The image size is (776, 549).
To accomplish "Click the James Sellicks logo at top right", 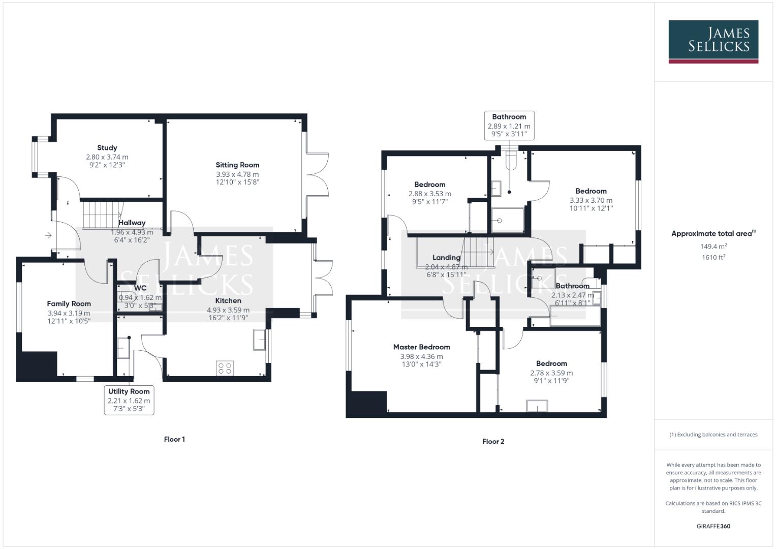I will [713, 41].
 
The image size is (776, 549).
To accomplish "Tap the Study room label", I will [107, 148].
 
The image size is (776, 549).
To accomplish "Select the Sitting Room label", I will [237, 165].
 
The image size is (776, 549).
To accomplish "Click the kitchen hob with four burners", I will [225, 368].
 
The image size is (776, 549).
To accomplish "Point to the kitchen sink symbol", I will [259, 339].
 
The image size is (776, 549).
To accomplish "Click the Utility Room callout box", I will [129, 400].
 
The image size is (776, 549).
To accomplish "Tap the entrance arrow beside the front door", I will [48, 235].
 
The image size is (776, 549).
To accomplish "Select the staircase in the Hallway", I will [102, 214].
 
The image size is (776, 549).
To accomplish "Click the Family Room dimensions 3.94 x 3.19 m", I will [69, 313].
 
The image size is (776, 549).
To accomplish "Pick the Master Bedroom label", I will [421, 347].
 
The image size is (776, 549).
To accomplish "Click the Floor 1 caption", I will [174, 439].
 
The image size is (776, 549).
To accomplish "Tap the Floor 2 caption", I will [493, 441].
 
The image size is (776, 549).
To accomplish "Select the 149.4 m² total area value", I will [713, 247].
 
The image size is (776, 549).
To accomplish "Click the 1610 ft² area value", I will [713, 257].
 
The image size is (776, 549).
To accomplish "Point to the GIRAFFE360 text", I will [713, 526].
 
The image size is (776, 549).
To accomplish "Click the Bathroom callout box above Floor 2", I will [509, 126].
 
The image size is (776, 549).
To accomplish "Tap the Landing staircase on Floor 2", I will [478, 252].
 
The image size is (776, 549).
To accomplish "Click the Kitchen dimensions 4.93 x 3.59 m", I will [228, 310].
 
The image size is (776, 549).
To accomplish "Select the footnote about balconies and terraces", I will [713, 435].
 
